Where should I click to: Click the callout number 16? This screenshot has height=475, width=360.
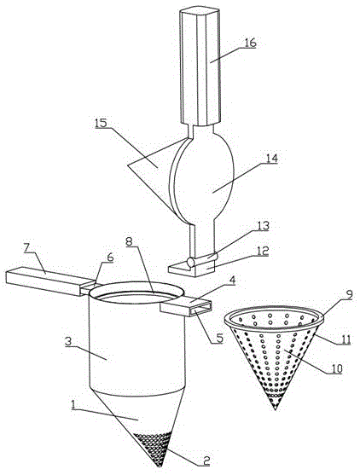coord(250,43)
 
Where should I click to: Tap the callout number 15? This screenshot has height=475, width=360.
coord(102,124)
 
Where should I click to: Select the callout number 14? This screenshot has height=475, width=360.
coord(270,159)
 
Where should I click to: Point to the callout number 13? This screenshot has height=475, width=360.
coord(263,226)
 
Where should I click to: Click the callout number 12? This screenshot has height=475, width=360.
coord(262,250)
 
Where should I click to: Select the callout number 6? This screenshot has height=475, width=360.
coord(109,258)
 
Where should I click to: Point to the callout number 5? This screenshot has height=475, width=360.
coord(218,337)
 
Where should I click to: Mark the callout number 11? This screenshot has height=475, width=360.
coord(345,339)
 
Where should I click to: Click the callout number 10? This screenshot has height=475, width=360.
coord(336,368)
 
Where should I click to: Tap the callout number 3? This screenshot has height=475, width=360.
coord(69,341)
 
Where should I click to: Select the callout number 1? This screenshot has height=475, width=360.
coord(73,404)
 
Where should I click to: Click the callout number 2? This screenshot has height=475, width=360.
coord(206,461)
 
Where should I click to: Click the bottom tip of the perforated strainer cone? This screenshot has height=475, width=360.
coord(276,410)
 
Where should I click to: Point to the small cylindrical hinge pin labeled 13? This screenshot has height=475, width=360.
coord(202,259)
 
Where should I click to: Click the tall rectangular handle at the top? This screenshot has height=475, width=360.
coord(200,67)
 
